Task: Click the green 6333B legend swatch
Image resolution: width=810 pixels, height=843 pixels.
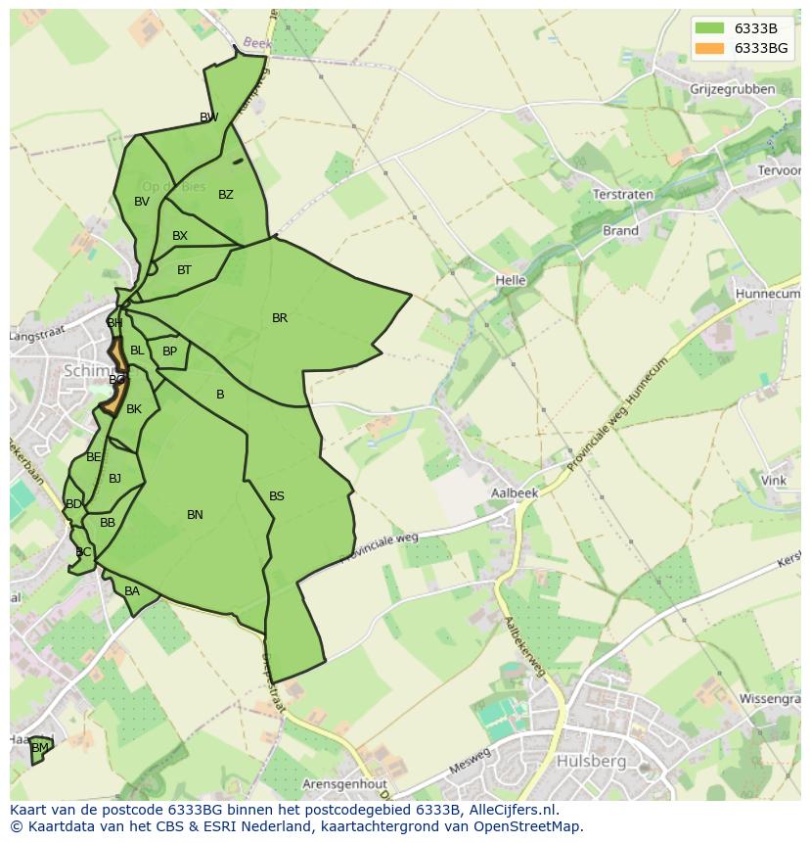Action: click(710, 28)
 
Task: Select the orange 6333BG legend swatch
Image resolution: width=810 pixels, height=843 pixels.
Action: click(710, 48)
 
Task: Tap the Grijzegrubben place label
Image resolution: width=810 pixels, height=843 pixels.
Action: click(732, 89)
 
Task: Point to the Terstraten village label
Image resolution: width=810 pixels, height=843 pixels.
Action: click(623, 195)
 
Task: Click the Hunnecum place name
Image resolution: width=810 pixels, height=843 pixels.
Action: click(767, 293)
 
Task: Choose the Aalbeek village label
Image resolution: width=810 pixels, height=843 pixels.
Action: click(515, 493)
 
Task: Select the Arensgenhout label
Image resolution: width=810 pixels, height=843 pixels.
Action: click(345, 784)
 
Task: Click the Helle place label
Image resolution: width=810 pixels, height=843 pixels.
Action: click(511, 280)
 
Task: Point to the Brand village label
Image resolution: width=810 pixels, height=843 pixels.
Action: click(620, 231)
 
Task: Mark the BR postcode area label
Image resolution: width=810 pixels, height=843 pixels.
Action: click(280, 318)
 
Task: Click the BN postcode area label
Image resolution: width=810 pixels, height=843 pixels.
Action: click(195, 515)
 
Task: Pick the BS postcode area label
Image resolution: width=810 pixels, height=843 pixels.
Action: click(277, 496)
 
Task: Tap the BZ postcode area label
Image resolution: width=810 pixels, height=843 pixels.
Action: click(226, 195)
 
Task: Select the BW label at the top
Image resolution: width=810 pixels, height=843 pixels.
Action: click(208, 117)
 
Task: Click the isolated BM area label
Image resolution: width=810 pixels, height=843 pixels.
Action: click(39, 748)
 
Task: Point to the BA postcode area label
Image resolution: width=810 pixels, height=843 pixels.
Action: click(132, 591)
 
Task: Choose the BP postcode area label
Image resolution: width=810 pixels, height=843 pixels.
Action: click(170, 351)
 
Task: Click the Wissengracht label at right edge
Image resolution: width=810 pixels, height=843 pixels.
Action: click(772, 700)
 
